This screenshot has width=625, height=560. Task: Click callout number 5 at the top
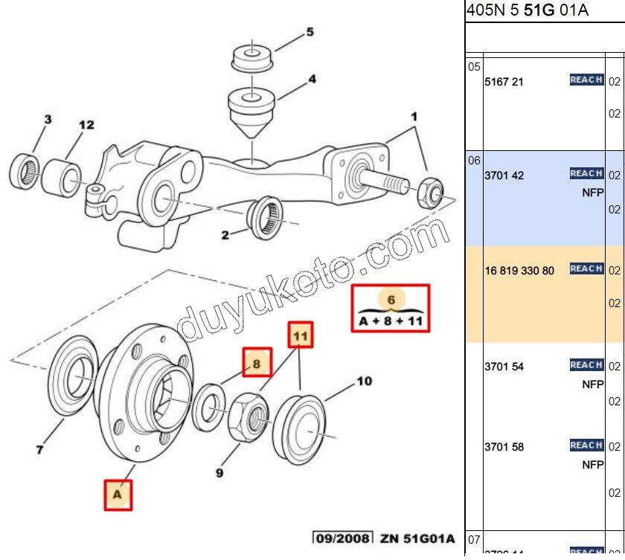click(x=310, y=33)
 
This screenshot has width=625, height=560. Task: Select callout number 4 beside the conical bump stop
click(x=312, y=79)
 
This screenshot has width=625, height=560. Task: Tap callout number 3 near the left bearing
click(x=47, y=120)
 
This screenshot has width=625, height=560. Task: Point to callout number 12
click(x=87, y=125)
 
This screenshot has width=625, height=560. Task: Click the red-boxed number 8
click(x=256, y=364)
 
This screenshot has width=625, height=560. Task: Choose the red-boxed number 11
click(x=300, y=337)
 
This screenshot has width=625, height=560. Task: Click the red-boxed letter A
click(x=118, y=494)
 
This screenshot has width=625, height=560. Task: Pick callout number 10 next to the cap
click(x=364, y=382)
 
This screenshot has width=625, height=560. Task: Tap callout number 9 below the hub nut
click(x=220, y=472)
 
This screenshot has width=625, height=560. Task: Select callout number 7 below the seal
click(x=40, y=448)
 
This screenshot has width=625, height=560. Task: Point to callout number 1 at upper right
click(x=414, y=117)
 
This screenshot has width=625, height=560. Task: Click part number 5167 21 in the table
click(x=504, y=82)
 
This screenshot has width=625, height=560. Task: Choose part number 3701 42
click(x=504, y=176)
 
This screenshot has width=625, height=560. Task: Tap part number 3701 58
click(x=504, y=448)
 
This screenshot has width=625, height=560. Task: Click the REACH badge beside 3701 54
click(x=586, y=365)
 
